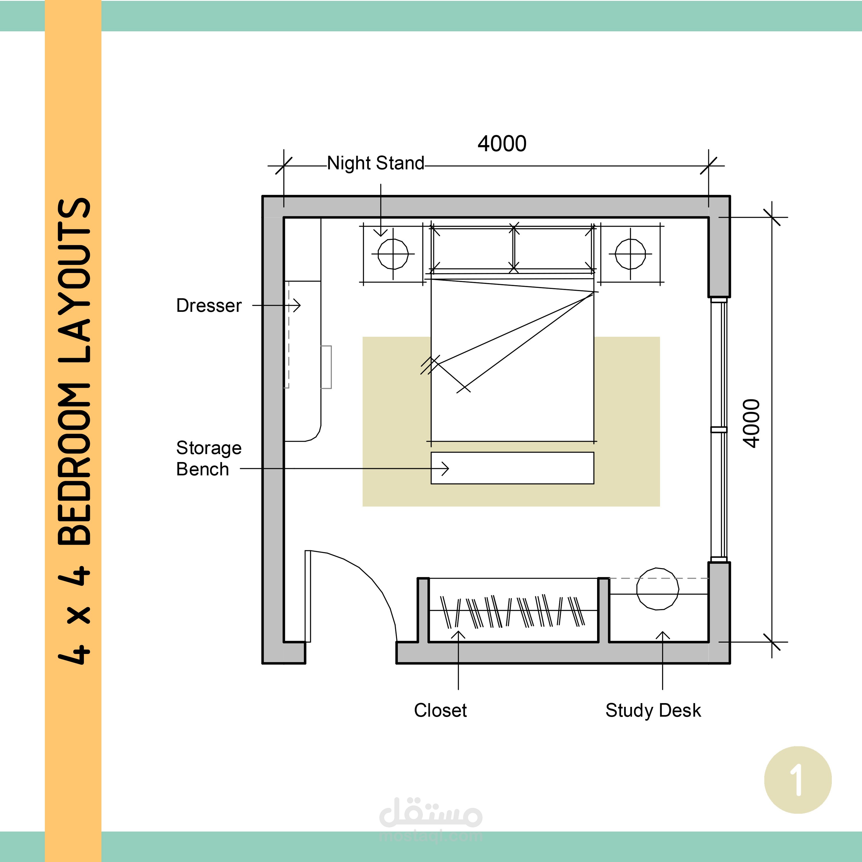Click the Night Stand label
tap(376, 163)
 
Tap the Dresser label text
tap(209, 306)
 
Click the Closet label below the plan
tap(440, 710)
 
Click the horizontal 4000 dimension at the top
tap(502, 144)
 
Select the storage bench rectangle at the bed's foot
tap(512, 468)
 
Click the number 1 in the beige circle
tap(797, 780)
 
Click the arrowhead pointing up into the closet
tap(458, 634)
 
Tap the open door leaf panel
tap(308, 596)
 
